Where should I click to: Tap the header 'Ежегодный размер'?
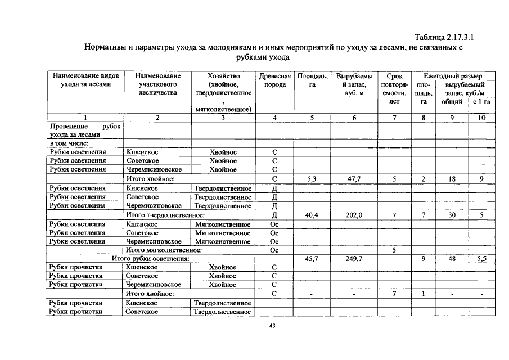tap(453, 75)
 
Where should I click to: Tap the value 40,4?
tap(312, 215)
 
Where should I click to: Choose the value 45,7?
tap(312, 259)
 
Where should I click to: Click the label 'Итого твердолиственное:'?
tap(164, 215)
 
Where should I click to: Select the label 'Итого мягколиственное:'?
tap(163, 250)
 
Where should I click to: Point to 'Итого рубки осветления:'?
tap(150, 259)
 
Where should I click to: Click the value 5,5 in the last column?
tap(481, 259)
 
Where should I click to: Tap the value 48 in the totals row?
tap(452, 259)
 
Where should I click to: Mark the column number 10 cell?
tap(481, 118)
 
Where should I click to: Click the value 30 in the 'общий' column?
tap(452, 215)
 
